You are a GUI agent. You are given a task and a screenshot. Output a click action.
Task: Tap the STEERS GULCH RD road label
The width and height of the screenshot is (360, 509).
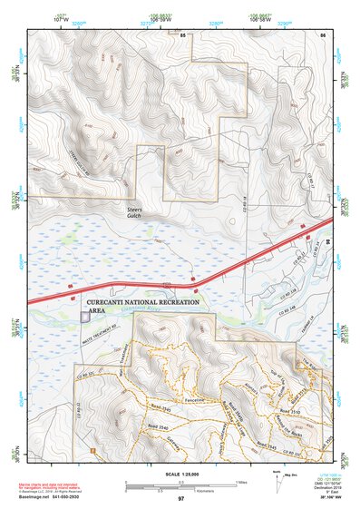coord(83,164)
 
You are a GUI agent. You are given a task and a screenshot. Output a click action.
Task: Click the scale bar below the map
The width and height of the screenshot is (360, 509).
coord(181,486)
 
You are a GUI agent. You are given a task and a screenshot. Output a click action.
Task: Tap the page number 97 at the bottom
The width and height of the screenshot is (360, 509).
coord(181,499)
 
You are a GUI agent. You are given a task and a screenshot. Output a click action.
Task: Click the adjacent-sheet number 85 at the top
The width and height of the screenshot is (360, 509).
coord(182,34)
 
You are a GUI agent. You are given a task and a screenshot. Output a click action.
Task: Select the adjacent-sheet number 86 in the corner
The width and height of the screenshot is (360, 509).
coord(322,34)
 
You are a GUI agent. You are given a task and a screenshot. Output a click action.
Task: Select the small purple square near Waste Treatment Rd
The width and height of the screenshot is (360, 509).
coord(85,318)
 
